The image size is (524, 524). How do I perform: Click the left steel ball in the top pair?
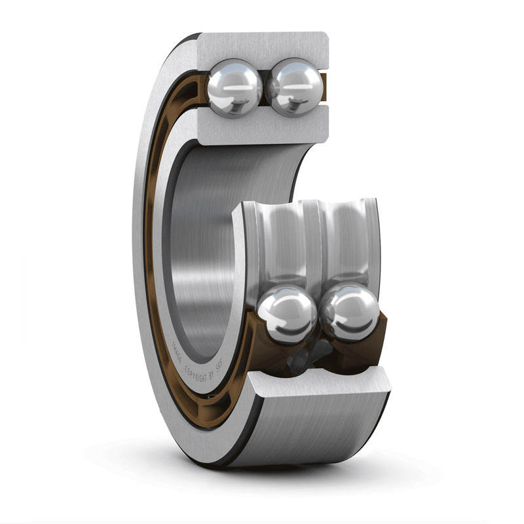(x=234, y=86)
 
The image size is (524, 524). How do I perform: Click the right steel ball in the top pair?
(x=295, y=86)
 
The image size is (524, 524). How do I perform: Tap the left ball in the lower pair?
(x=286, y=314)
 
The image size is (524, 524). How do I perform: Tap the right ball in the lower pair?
(x=350, y=312)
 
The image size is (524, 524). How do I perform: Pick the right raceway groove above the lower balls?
(x=348, y=242)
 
